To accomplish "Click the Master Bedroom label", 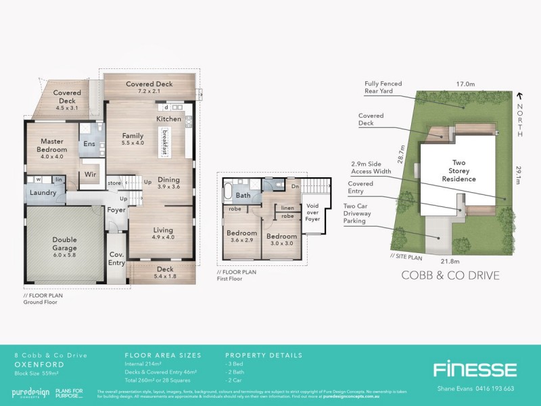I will click(x=52, y=149).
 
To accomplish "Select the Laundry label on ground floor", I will click(x=43, y=193).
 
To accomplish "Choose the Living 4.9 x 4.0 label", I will click(x=163, y=233).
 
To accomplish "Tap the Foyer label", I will click(x=116, y=210).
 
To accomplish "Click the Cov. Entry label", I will click(x=117, y=258).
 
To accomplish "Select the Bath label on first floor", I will click(x=243, y=196).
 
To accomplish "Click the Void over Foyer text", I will click(x=312, y=213).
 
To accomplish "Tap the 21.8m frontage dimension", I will click(x=450, y=261).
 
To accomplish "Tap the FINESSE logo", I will click(x=475, y=369).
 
